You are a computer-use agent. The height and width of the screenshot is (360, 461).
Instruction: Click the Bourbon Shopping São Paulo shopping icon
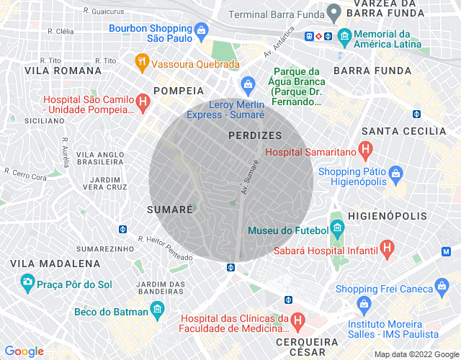pyautogui.click(x=201, y=30)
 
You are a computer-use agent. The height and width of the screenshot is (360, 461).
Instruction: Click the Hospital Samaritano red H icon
pyautogui.click(x=366, y=150)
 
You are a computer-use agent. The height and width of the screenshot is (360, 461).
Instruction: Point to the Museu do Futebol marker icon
pyautogui.click(x=338, y=231)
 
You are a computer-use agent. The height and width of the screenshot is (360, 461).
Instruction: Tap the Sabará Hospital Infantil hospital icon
pyautogui.click(x=388, y=250)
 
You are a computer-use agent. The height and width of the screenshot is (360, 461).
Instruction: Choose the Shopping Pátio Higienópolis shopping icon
pyautogui.click(x=395, y=174)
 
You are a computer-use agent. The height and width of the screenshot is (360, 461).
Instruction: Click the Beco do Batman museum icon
pyautogui.click(x=157, y=310)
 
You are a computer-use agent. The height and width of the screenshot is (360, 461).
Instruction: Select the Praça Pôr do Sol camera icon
pyautogui.click(x=27, y=282)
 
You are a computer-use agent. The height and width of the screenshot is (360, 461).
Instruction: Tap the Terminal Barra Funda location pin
pyautogui.click(x=333, y=12)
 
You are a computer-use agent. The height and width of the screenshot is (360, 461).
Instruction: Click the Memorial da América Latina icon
pyautogui.click(x=344, y=35)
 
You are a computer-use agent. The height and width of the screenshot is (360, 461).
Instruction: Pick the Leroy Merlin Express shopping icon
pyautogui.click(x=248, y=84)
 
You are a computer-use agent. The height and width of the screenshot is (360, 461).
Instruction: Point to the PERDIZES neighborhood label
pyautogui.click(x=254, y=135)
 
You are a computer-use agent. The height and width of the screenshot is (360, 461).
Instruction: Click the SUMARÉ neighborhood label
pyautogui.click(x=169, y=210)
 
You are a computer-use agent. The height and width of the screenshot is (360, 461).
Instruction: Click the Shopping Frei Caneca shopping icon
pyautogui.click(x=445, y=289)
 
